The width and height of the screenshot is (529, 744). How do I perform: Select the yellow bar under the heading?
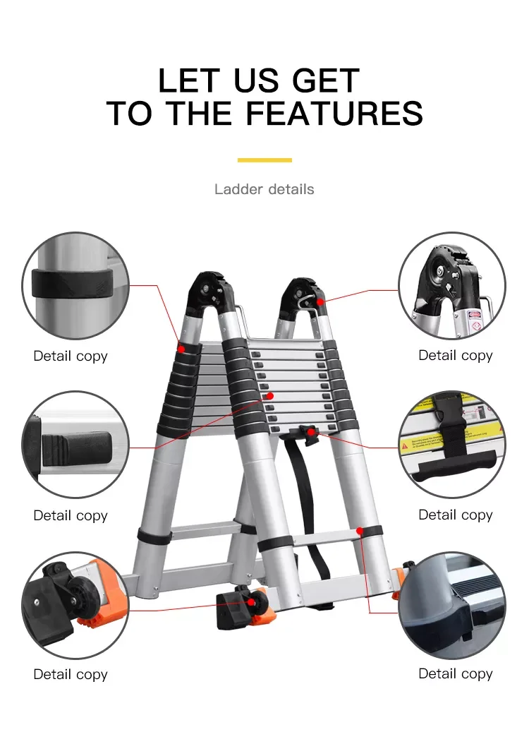coord(264,160)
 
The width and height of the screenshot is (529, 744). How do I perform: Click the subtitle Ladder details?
coord(264,189)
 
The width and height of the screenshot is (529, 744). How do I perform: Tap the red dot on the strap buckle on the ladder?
coord(310,431)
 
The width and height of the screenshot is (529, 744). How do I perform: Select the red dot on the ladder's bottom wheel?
coord(252,602)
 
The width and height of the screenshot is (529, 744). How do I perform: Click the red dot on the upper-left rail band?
coord(182,349)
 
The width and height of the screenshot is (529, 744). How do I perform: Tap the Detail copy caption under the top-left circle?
coord(71,356)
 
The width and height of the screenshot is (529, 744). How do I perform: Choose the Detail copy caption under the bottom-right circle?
coord(456,673)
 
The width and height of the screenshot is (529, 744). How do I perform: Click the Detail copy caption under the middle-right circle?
coord(456,515)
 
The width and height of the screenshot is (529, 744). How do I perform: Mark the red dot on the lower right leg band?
coord(360,530)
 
